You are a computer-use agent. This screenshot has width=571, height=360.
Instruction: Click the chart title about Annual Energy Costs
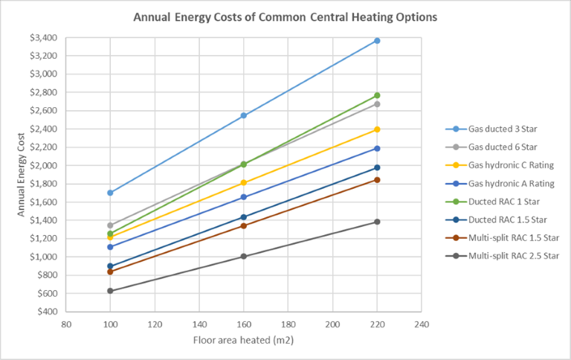point(285,16)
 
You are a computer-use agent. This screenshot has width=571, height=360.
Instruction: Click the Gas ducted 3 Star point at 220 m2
point(377,40)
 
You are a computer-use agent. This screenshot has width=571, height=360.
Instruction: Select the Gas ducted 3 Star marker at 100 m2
point(110,193)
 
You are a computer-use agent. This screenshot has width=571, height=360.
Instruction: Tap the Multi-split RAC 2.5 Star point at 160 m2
point(244,257)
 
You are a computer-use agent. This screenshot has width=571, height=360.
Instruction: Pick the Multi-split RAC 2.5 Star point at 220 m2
point(377,222)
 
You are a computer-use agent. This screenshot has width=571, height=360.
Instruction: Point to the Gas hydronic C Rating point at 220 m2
point(377,129)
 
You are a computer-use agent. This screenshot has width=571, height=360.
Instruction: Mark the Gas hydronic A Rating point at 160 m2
point(244,197)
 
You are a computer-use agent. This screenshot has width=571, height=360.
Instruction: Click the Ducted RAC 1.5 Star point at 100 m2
point(110,266)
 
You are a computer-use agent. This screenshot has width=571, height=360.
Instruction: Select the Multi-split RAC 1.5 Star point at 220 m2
point(377,179)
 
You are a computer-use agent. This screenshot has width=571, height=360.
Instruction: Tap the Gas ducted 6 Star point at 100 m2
point(110,225)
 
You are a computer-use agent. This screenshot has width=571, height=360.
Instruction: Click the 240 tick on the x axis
point(422,324)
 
